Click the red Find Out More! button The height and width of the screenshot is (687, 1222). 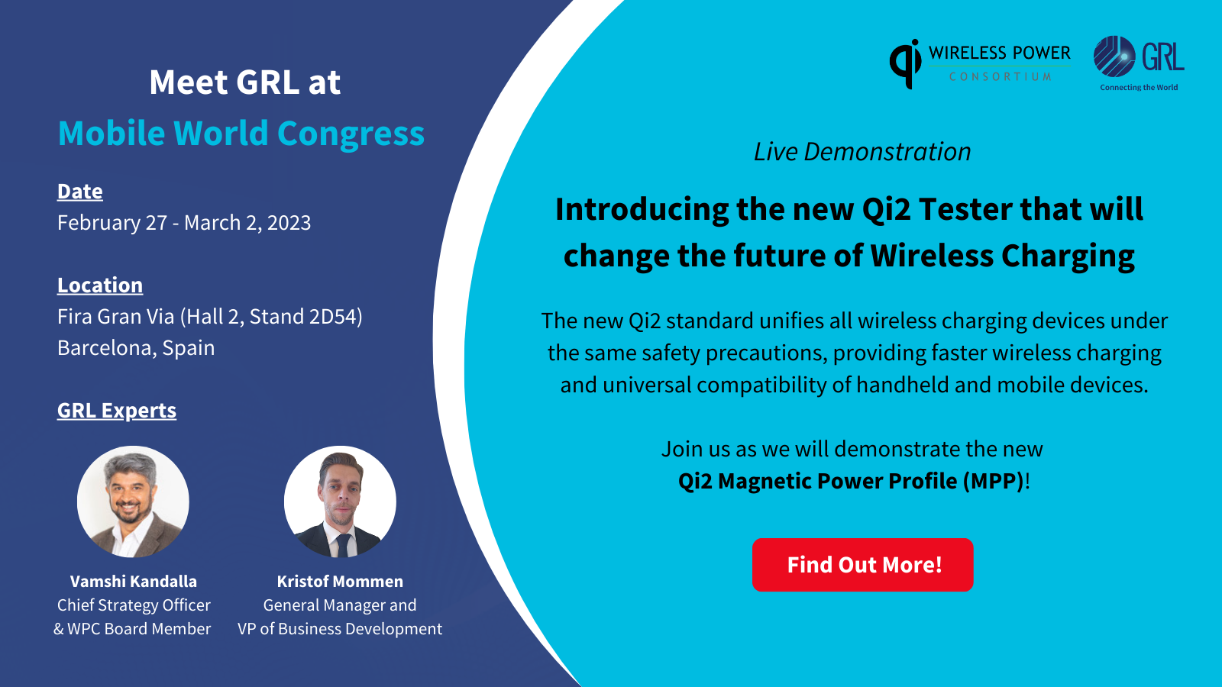[862, 565]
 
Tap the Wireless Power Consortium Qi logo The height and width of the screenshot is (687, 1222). [980, 63]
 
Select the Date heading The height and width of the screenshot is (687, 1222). [80, 192]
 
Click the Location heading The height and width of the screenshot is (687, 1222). [100, 285]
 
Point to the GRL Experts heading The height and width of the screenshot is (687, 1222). [117, 411]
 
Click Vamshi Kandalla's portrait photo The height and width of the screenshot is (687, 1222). [133, 502]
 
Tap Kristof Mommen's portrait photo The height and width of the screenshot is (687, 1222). [340, 502]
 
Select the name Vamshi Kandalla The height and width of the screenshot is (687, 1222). [134, 582]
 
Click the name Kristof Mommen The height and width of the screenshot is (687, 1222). [340, 582]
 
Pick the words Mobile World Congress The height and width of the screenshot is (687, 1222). [241, 134]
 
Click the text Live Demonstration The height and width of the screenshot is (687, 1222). [862, 152]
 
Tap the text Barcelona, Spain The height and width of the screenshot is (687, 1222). [136, 348]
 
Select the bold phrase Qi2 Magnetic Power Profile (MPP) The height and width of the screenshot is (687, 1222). [851, 481]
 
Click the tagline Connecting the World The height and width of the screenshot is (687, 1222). [1139, 88]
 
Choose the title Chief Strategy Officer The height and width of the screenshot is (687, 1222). [134, 605]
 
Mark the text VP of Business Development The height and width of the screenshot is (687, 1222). [340, 629]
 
